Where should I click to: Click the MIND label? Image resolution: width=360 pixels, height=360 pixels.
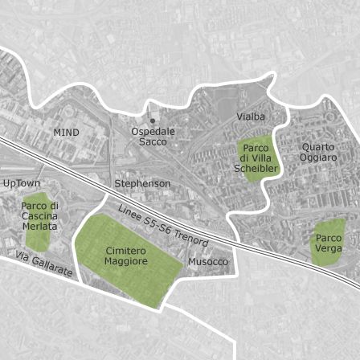pos(67,131)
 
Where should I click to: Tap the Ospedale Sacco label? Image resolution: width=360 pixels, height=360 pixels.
pos(153,136)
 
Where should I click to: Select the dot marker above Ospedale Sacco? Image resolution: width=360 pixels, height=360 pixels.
pos(153,121)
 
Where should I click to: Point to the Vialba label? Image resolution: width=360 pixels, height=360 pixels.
pos(251,117)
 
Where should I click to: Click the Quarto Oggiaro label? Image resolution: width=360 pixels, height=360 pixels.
pos(318,152)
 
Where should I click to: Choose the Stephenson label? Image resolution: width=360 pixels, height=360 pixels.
pos(143,183)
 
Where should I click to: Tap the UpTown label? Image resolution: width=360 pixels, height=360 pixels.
pos(22,183)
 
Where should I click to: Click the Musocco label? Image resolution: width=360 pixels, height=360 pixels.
pos(208,262)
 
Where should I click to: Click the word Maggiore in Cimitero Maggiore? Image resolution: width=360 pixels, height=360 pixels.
pos(126,261)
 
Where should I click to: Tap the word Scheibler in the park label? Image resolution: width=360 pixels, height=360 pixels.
pos(256,169)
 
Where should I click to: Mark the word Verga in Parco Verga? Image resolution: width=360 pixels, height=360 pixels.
pos(329,248)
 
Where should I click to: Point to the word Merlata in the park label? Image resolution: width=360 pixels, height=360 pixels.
pos(39,227)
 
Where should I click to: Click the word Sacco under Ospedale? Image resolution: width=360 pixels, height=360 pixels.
pos(153,141)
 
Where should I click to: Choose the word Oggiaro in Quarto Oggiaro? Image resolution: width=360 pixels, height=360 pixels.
pos(319,157)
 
